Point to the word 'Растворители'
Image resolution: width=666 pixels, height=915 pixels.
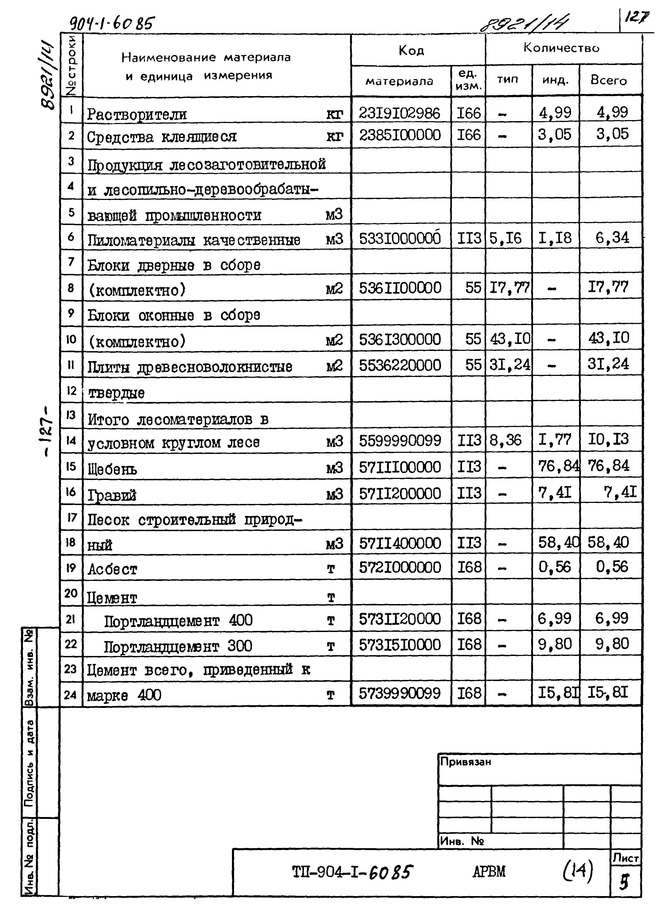[137, 114]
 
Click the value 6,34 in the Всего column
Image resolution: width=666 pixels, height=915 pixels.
[612, 238]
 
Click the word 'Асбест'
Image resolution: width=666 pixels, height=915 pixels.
[113, 569]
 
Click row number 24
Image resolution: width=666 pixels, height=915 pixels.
[70, 694]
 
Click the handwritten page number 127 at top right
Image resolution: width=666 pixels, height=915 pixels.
[637, 17]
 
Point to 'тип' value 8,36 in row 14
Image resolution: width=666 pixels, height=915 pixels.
[506, 440]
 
